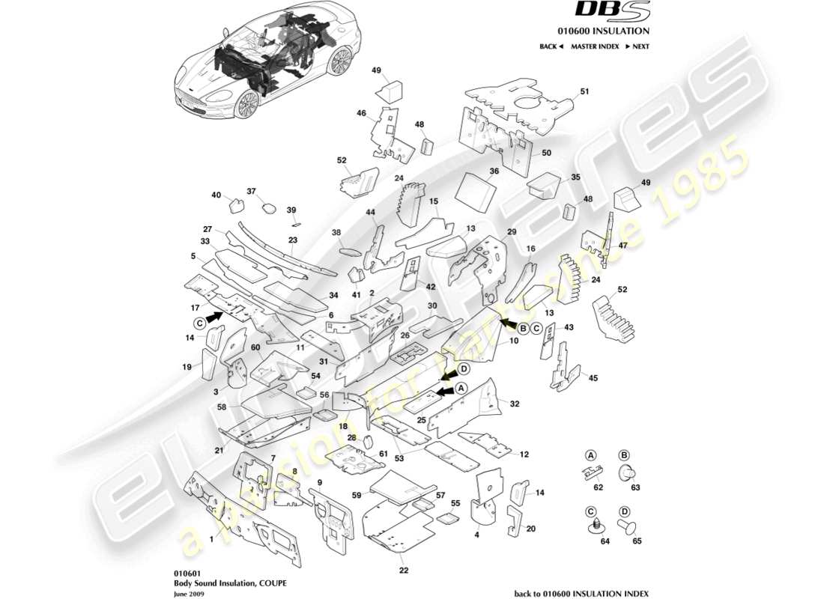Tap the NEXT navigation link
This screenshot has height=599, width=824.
click(x=637, y=46)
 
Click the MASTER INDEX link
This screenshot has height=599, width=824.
click(x=594, y=46)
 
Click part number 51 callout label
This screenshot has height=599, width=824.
click(x=585, y=91)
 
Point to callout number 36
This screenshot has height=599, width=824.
click(x=494, y=171)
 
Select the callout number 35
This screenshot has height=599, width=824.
click(x=575, y=177)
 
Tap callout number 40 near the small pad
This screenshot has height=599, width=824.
click(x=216, y=195)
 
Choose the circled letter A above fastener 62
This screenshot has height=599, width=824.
click(x=590, y=454)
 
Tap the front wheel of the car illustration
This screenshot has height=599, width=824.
click(x=246, y=105)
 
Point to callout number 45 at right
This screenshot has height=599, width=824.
click(x=593, y=377)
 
